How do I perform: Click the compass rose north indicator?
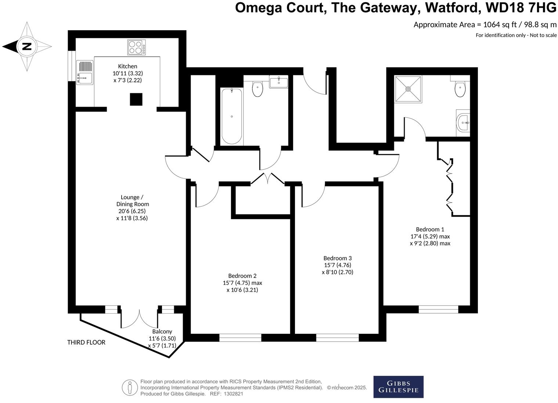point(27,47)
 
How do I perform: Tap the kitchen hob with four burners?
point(136,47)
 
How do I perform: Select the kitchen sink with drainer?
point(85,72)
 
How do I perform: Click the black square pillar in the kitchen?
point(136,99)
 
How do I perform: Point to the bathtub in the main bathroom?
point(232,116)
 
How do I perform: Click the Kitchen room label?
point(127,66)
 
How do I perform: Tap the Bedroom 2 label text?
point(242,276)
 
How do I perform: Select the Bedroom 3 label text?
point(337,258)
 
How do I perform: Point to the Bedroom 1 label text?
point(430,229)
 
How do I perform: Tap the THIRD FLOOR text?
point(86,342)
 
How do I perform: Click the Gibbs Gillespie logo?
point(398,387)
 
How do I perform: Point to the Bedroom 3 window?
point(337,338)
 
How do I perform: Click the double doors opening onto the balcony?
point(140,318)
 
